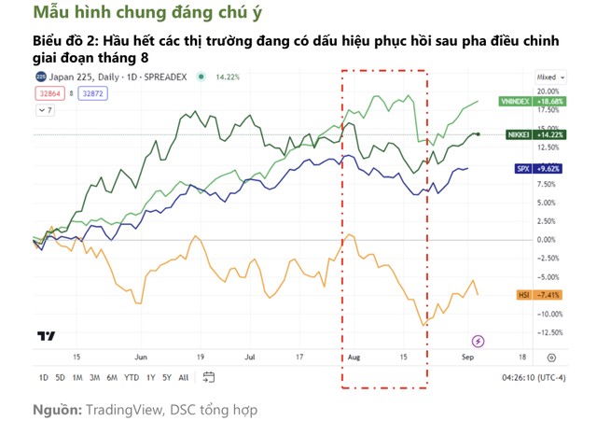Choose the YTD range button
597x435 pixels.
(x=132, y=378)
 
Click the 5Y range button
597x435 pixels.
(x=166, y=378)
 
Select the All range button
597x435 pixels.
(x=183, y=378)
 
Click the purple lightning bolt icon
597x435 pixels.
(x=479, y=341)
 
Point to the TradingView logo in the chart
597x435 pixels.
(x=45, y=336)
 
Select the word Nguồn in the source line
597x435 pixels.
(x=57, y=410)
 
